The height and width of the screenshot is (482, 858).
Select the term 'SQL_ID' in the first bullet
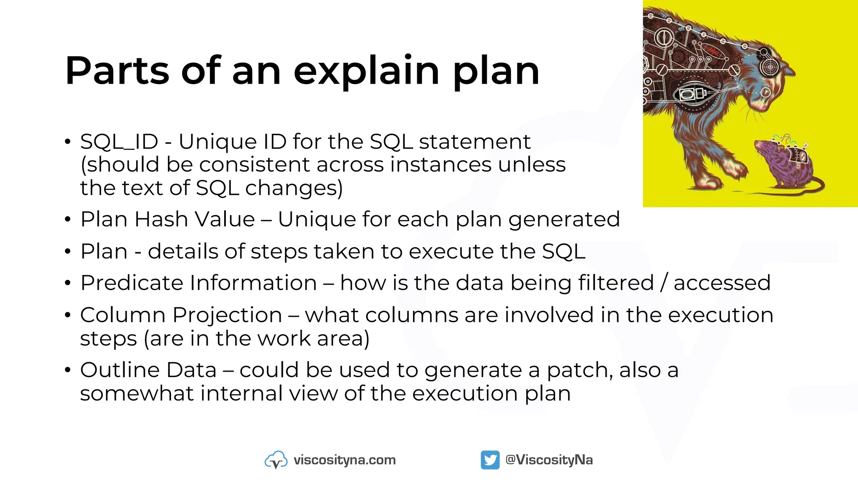(119, 142)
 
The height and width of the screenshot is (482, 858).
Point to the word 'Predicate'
(134, 283)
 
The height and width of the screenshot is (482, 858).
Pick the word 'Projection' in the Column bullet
(227, 315)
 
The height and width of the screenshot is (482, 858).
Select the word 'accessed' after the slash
(722, 283)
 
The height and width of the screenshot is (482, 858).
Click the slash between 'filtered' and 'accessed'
(664, 283)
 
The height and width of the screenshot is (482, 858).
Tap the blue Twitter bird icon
(490, 460)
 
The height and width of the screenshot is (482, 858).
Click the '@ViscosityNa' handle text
(549, 460)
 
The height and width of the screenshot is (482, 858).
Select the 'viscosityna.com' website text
(344, 460)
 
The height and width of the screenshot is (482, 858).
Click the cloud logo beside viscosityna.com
(276, 460)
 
